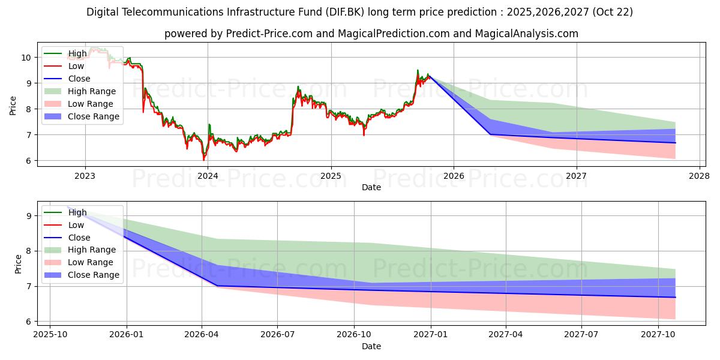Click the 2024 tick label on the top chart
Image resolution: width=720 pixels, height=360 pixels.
208,176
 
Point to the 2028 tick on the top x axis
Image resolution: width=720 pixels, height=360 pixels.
700,176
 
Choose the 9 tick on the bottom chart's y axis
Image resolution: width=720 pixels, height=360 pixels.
28,215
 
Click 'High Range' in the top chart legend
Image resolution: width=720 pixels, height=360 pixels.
92,91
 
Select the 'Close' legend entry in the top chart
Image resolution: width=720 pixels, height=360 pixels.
79,79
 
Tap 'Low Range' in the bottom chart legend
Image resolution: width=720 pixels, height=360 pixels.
91,262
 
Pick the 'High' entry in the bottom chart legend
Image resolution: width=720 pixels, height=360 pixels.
77,212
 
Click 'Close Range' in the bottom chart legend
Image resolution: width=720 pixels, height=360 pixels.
93,275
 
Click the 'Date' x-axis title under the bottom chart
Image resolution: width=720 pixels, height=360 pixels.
371,346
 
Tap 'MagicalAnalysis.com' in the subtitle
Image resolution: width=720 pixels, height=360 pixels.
526,34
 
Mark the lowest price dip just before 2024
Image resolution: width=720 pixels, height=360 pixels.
203,160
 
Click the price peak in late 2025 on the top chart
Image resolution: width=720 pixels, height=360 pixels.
418,70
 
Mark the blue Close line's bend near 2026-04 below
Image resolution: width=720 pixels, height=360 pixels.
217,286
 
